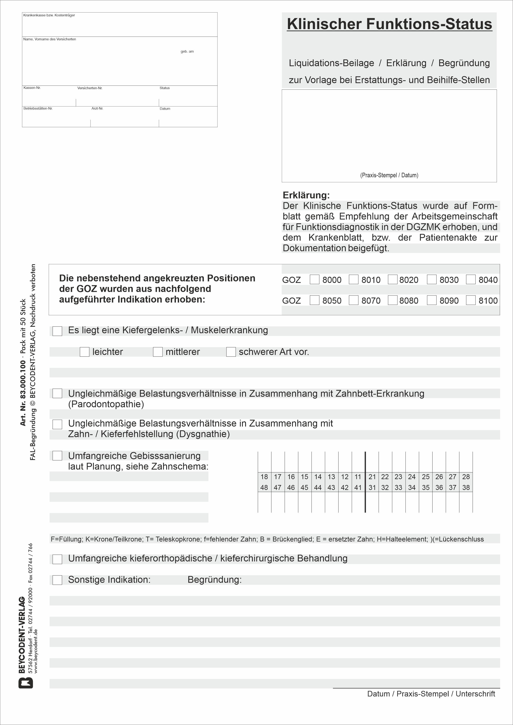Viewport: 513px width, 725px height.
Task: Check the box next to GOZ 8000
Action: [314, 279]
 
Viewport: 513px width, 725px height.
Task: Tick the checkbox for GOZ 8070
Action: [353, 300]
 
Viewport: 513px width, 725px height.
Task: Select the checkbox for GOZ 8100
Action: [471, 300]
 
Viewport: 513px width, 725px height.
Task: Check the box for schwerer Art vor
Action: [231, 352]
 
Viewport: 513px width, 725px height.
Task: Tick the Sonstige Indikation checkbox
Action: [57, 580]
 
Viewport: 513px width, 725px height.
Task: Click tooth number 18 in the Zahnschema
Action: [264, 477]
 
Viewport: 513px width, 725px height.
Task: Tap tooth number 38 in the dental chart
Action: [466, 487]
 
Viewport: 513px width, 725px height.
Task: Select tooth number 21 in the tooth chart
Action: [372, 477]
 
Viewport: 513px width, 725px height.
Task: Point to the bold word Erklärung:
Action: [306, 195]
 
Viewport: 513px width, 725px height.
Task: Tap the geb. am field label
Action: [187, 51]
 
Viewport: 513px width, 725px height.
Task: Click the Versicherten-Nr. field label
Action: [90, 88]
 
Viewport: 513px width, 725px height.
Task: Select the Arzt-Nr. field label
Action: [97, 109]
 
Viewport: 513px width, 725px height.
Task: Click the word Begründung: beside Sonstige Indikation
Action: [215, 579]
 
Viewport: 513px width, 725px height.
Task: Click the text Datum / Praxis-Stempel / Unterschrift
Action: [431, 694]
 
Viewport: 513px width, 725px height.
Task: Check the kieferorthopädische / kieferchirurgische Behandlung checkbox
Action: [57, 559]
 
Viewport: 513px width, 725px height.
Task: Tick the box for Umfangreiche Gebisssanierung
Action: [57, 456]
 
